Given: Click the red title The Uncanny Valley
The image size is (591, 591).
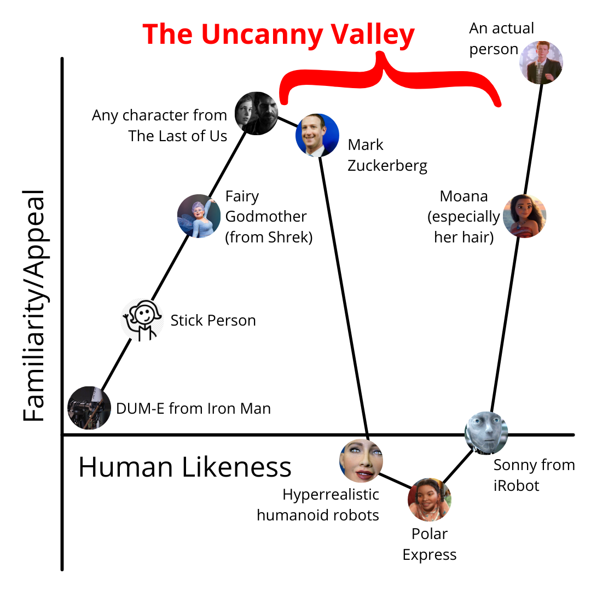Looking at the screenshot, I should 279,35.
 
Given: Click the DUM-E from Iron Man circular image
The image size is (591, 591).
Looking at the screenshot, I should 89,407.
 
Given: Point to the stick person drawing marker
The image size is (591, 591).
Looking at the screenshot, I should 142,320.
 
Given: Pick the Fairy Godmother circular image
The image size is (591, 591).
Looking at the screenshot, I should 199,216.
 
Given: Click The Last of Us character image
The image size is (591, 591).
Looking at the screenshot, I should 257,113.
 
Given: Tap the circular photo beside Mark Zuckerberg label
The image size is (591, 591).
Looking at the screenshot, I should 317,135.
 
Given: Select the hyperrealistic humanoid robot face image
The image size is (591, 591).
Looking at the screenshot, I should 361,460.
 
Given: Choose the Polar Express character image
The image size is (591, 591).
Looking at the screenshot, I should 430,499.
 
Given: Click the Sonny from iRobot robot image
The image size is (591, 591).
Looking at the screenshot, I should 486,433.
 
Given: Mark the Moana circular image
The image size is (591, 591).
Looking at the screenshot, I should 524,216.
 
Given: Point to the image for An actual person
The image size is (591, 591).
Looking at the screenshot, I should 541,62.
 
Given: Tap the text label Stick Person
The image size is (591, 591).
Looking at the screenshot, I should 213,320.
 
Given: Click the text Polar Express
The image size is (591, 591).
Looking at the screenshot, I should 430,544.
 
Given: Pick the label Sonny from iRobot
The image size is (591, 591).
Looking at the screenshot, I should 534,475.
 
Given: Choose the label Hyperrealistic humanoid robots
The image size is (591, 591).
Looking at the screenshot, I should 318,505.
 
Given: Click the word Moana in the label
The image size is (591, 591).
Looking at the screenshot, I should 463,196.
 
